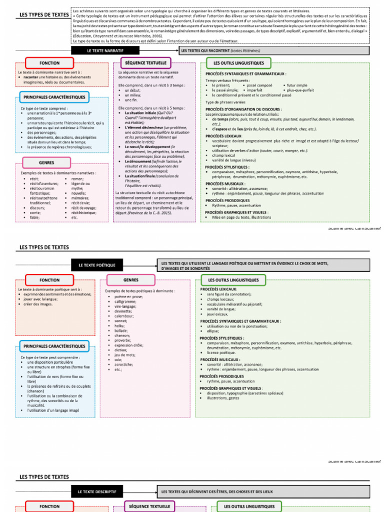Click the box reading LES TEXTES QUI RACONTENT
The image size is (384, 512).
[273, 50]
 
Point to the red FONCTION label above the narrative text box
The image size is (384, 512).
[49, 63]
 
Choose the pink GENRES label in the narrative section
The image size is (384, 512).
[46, 163]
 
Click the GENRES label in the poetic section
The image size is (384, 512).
[130, 280]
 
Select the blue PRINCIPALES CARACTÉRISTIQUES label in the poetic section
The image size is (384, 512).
[54, 346]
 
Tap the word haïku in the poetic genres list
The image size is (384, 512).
[119, 325]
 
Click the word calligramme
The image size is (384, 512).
[125, 301]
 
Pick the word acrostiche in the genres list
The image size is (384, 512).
[123, 364]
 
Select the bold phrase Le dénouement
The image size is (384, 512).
[138, 161]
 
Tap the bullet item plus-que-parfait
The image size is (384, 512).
[300, 90]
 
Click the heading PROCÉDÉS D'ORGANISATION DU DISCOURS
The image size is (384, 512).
[243, 109]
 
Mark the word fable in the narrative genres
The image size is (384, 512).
[34, 217]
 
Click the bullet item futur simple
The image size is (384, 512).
[297, 85]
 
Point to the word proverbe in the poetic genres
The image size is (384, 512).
[122, 340]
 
